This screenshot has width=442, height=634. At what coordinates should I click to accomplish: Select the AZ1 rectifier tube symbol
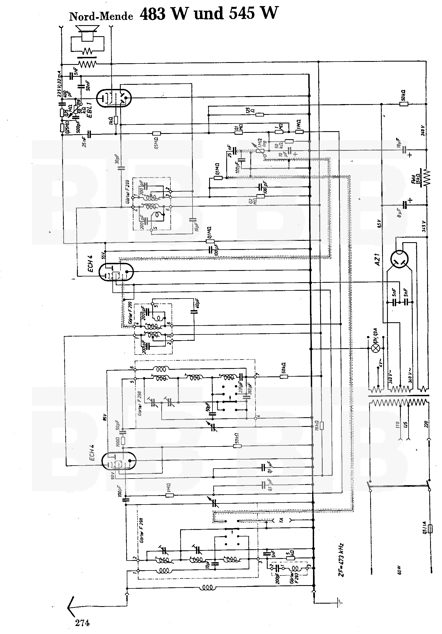pos(401,260)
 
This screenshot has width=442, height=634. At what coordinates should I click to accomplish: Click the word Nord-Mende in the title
pos(101,17)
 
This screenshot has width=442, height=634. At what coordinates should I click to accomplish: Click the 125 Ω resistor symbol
pos(259,115)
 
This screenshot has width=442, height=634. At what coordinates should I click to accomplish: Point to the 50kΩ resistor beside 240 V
pos(404,104)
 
